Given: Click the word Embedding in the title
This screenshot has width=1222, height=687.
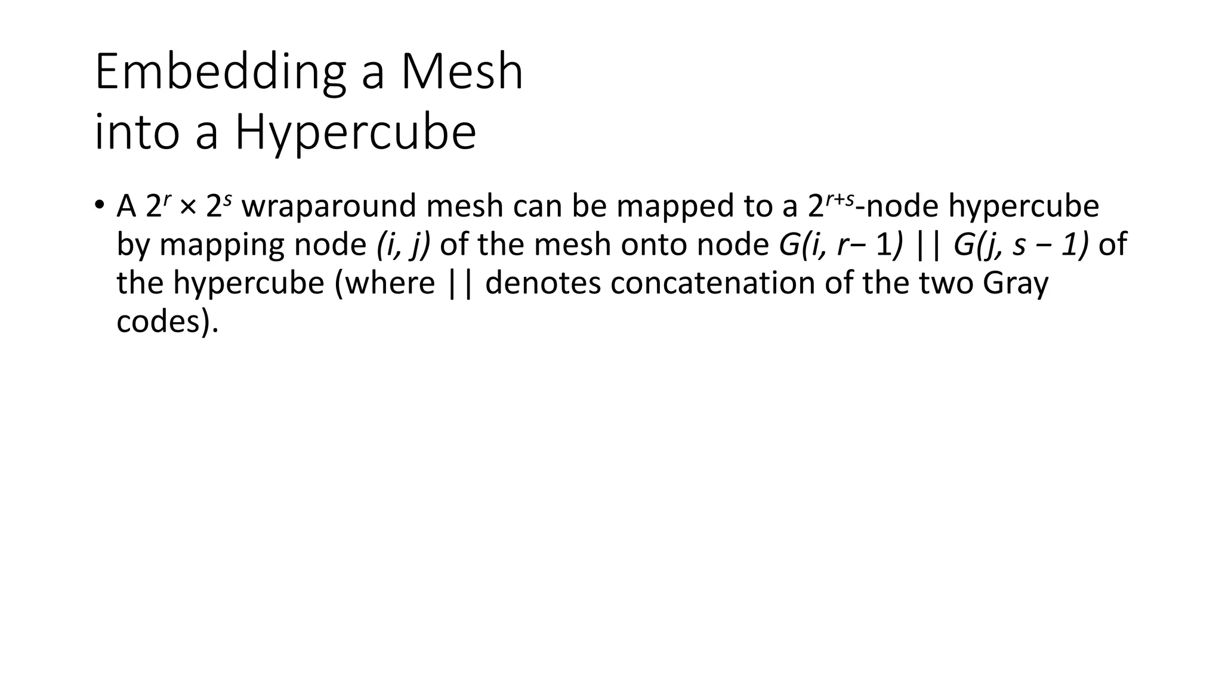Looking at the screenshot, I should click(220, 73).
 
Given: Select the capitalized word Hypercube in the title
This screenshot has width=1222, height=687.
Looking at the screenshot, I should click(356, 133).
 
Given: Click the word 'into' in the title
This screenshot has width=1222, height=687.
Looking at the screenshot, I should click(137, 132).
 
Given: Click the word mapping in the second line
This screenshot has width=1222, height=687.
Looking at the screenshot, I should click(223, 245).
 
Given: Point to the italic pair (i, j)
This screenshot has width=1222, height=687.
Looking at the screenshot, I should click(403, 245).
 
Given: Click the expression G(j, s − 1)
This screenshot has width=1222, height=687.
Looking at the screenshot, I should click(1021, 245).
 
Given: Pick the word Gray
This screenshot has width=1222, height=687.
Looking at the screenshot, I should click(1015, 283).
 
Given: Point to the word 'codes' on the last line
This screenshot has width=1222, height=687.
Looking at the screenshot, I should click(159, 321).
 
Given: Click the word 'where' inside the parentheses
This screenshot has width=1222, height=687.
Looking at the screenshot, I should click(390, 283).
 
